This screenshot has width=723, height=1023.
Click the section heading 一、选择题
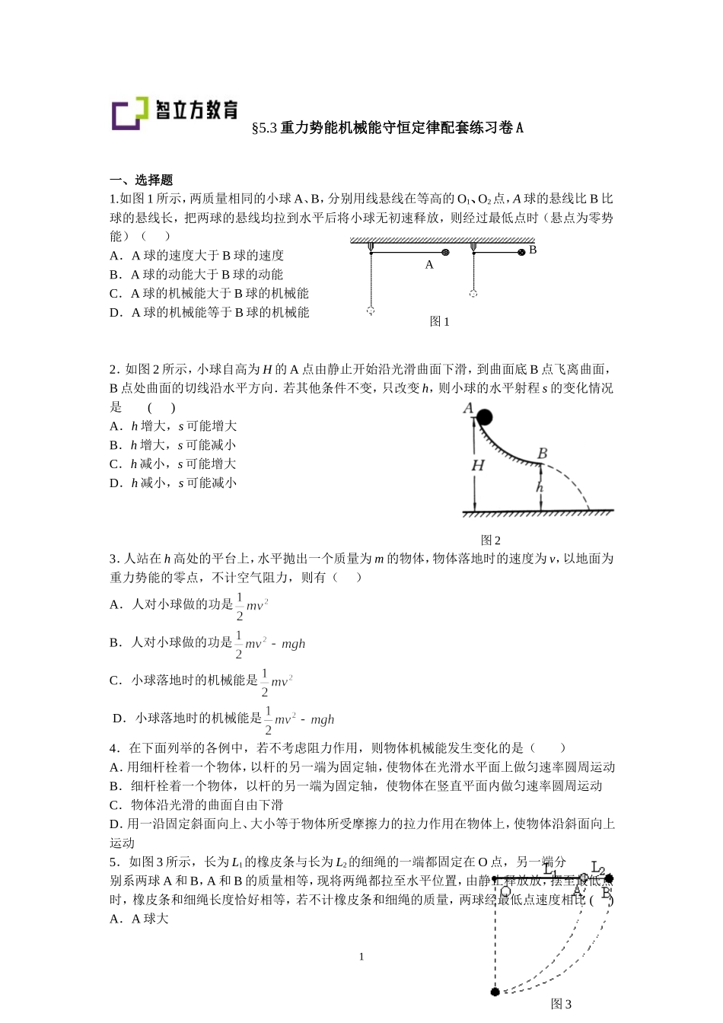click(142, 180)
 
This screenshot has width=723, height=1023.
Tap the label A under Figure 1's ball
click(429, 265)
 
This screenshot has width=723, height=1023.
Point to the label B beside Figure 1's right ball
click(533, 249)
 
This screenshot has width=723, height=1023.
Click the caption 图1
click(440, 321)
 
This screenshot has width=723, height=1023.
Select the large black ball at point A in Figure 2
click(483, 416)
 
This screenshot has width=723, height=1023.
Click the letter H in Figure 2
click(478, 465)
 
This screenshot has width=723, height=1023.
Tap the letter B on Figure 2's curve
click(543, 454)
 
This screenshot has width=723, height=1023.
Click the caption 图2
click(491, 540)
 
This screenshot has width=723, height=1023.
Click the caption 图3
click(561, 1004)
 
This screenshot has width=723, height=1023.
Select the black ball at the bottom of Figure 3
click(495, 992)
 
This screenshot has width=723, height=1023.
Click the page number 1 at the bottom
click(361, 957)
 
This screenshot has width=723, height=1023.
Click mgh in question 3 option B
click(293, 644)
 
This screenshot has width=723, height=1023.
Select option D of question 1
click(209, 312)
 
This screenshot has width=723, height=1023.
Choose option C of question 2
click(173, 464)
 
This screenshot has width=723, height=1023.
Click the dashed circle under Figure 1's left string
click(371, 311)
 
